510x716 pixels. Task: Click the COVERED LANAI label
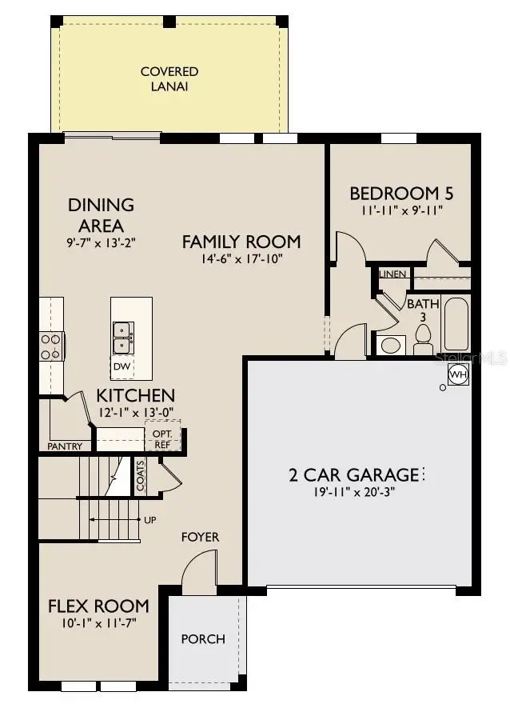(169, 78)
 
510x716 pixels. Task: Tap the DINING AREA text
(101, 215)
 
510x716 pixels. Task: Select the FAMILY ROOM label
(241, 241)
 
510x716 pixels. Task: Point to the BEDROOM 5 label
(396, 194)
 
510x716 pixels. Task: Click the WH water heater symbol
(457, 374)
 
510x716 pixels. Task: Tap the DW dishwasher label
(121, 366)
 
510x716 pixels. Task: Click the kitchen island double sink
(122, 338)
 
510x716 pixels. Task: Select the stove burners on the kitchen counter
(50, 346)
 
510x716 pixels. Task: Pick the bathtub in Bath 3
(457, 324)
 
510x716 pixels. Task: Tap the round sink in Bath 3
(390, 346)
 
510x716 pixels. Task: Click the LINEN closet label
(393, 274)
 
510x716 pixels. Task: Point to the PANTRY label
(65, 446)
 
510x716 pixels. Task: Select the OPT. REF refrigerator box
(162, 438)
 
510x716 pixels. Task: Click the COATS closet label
(141, 475)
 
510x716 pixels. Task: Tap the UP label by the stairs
(149, 520)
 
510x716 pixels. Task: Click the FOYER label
(200, 537)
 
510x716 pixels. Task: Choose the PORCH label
(203, 638)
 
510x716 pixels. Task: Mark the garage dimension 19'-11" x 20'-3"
(355, 492)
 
